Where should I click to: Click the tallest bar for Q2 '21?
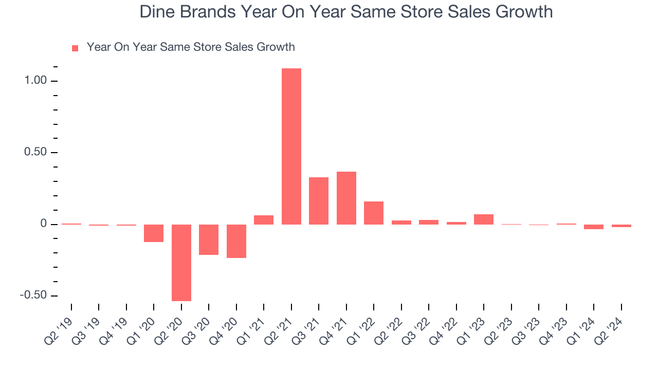[x=291, y=146]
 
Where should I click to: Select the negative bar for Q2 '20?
[x=181, y=263]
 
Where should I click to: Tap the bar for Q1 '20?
[x=154, y=233]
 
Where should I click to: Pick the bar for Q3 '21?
[x=319, y=201]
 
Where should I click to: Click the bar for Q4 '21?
[x=346, y=198]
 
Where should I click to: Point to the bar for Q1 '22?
[x=374, y=213]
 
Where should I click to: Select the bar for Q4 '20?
[x=236, y=242]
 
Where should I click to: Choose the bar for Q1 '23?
[x=484, y=219]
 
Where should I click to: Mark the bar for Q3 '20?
[x=209, y=239]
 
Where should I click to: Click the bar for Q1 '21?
[x=264, y=220]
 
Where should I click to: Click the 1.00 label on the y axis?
[x=35, y=80]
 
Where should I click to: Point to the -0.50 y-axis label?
[x=33, y=295]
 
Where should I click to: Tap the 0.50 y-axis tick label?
[x=35, y=152]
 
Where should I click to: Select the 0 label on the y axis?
[x=44, y=224]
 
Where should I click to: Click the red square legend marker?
[x=75, y=48]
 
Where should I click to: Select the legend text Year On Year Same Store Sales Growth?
[x=191, y=47]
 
